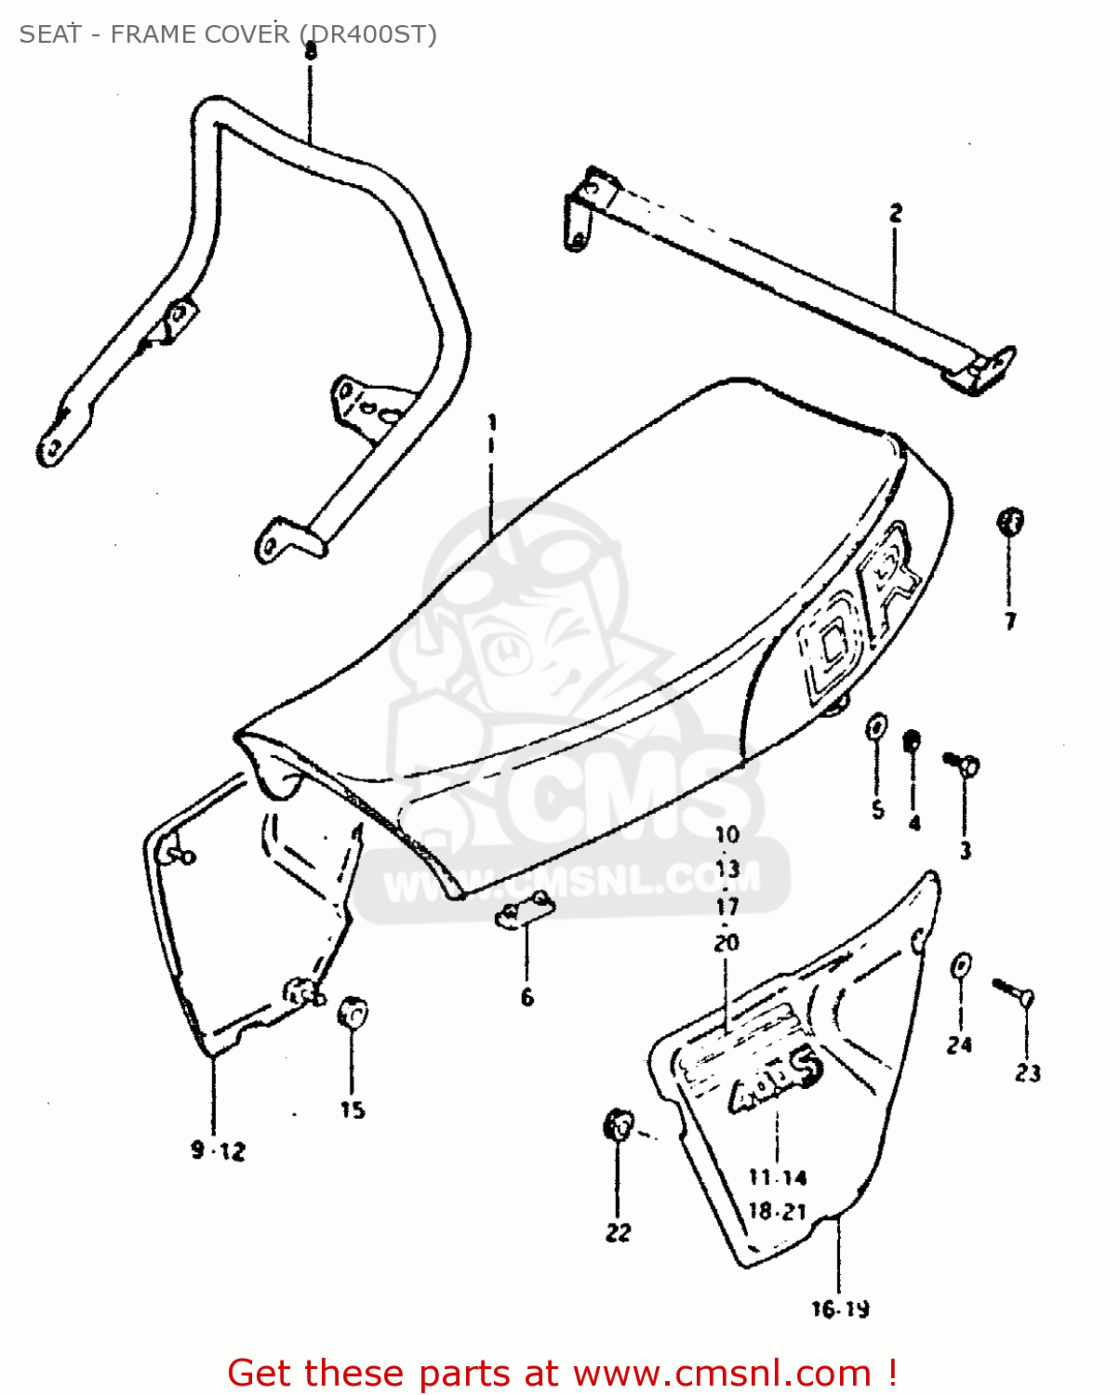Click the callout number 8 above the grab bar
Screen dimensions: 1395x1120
[311, 51]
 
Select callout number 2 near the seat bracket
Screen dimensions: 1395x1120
[895, 214]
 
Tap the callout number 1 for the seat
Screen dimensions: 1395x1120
[492, 424]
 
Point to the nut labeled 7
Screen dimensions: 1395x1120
[1010, 521]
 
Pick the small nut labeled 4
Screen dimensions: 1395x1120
[913, 741]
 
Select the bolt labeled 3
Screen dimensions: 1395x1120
[964, 765]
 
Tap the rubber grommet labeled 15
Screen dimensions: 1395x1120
[353, 1012]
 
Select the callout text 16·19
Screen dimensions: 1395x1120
[840, 1309]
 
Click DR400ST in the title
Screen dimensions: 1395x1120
[367, 34]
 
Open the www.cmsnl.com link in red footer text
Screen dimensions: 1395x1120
[722, 1373]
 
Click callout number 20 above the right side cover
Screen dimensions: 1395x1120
[727, 942]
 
